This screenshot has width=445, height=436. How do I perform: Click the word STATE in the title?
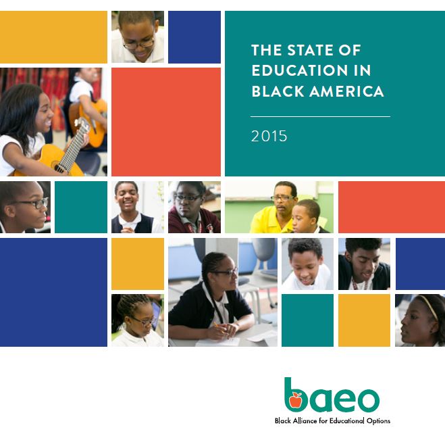tap(309, 50)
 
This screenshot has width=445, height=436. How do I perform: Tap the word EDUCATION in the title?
tap(299, 70)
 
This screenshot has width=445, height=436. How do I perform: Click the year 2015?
tap(269, 136)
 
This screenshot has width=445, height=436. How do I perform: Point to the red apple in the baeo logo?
tap(296, 400)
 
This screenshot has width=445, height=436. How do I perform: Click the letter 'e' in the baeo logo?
tap(340, 399)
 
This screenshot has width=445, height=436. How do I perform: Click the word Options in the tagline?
tap(378, 421)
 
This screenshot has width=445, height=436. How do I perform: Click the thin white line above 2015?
tap(320, 116)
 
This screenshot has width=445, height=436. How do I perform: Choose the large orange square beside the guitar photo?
tap(166, 122)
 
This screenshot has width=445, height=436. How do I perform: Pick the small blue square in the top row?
tap(194, 37)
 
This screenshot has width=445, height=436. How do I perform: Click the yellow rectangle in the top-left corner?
tap(53, 37)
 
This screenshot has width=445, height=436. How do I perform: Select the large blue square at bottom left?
tap(53, 292)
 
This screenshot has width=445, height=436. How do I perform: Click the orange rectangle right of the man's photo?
tap(392, 207)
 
